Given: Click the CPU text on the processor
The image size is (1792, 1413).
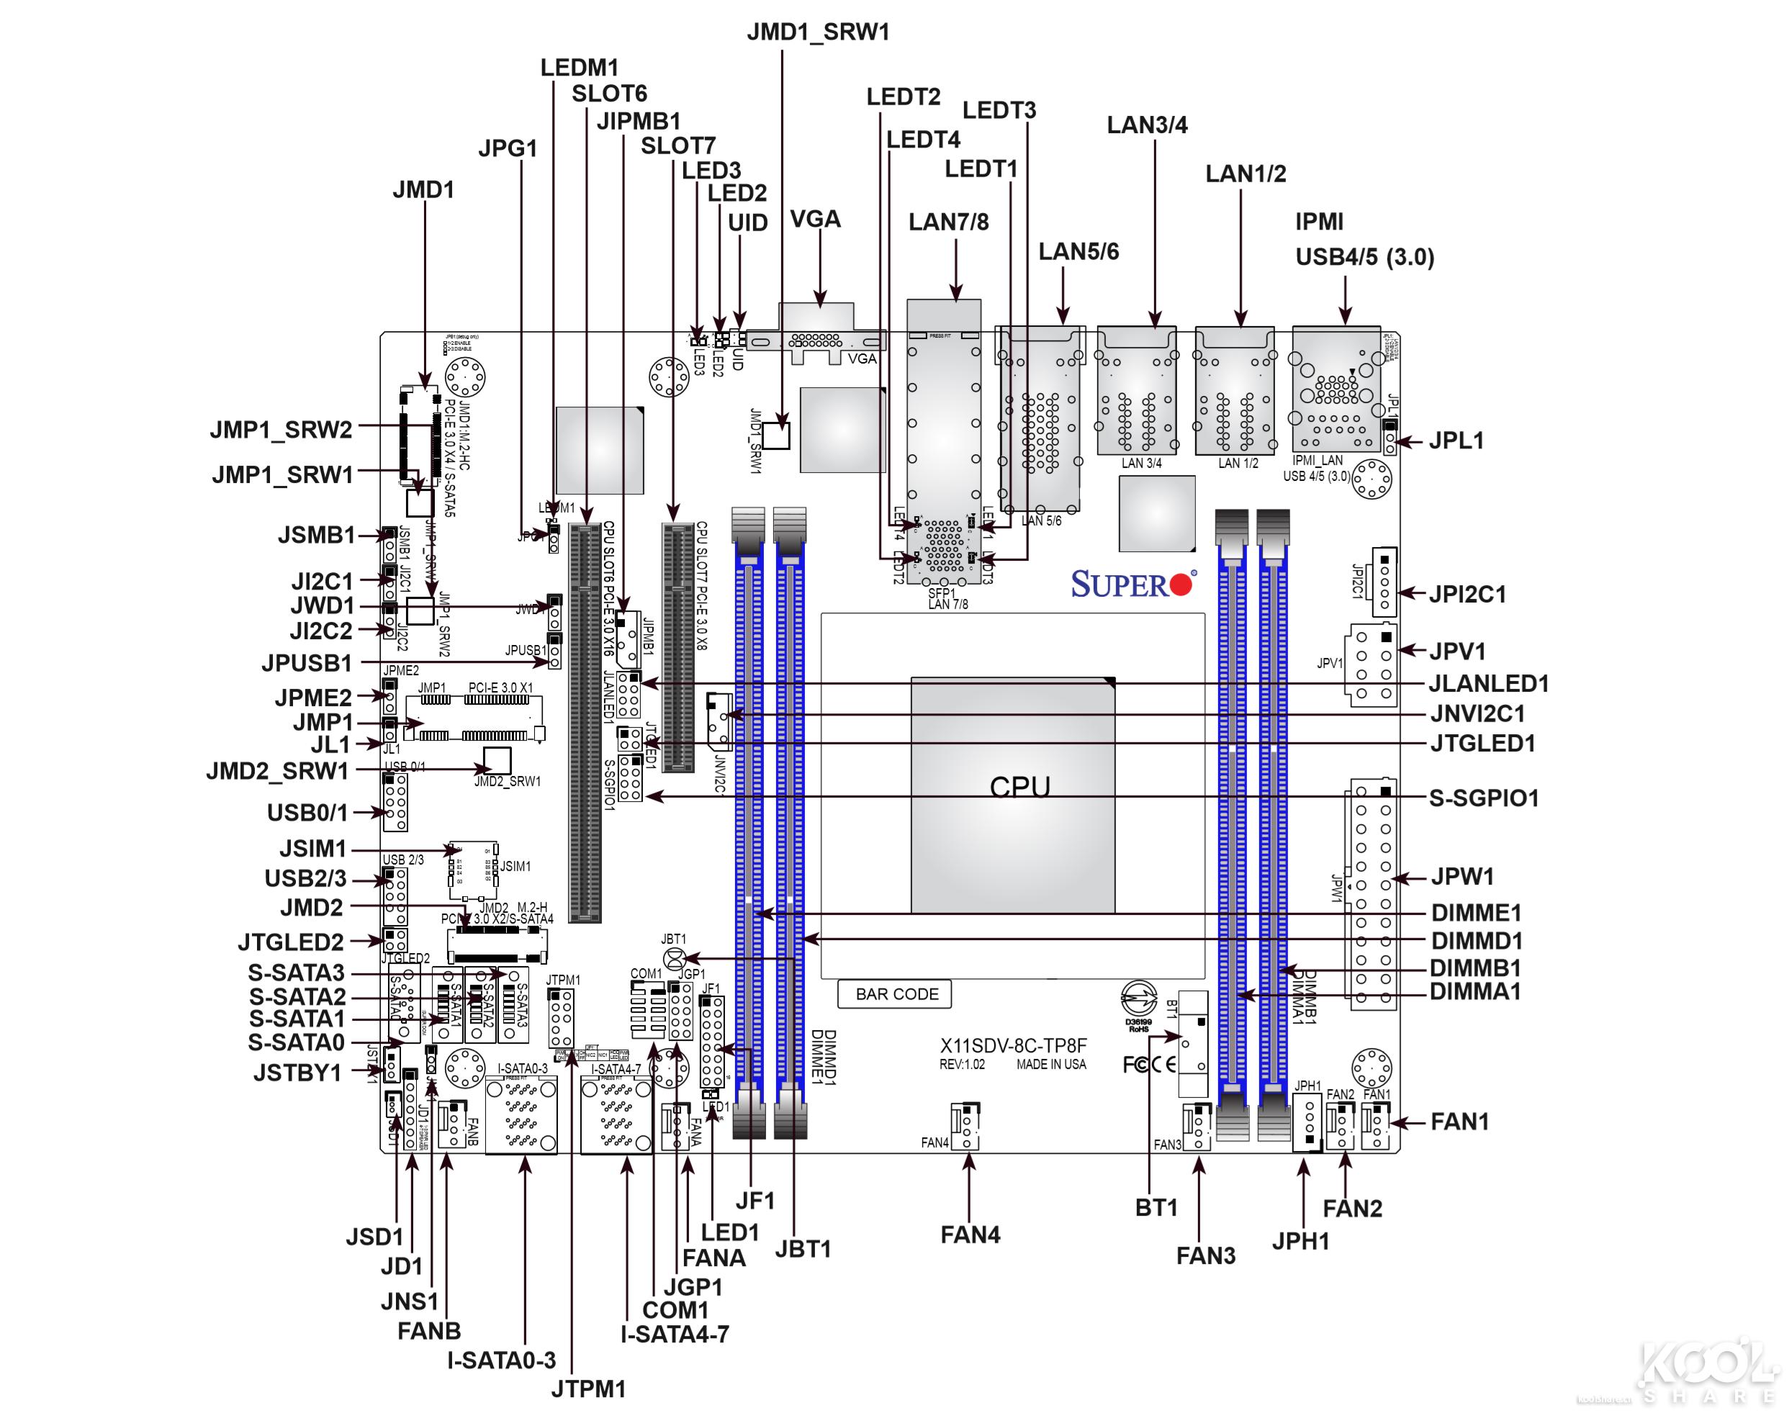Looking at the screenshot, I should click(1019, 787).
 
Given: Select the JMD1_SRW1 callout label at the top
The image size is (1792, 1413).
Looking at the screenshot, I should click(817, 32).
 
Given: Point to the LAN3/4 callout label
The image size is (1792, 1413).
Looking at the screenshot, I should click(1147, 125).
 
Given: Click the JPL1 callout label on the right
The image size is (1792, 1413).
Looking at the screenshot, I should click(1456, 441).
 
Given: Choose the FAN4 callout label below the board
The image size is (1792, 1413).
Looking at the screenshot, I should click(970, 1235).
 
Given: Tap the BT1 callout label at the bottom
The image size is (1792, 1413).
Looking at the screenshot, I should click(1156, 1208).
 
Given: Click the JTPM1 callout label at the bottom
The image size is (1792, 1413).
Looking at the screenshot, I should click(588, 1389).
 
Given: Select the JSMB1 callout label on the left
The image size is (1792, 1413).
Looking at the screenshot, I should click(317, 536).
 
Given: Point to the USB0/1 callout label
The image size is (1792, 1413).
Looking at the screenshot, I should click(307, 813).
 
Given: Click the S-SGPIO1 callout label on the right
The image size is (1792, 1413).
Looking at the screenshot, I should click(1483, 798).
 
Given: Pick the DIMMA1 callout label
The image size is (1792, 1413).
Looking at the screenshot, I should click(1475, 991).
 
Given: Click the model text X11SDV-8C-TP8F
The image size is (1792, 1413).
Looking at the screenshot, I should click(1014, 1046).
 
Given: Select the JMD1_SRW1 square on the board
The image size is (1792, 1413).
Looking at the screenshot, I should click(776, 435).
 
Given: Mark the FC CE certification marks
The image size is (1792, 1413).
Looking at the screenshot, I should click(1149, 1065).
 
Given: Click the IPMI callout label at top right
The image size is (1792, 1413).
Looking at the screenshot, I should click(1319, 222).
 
